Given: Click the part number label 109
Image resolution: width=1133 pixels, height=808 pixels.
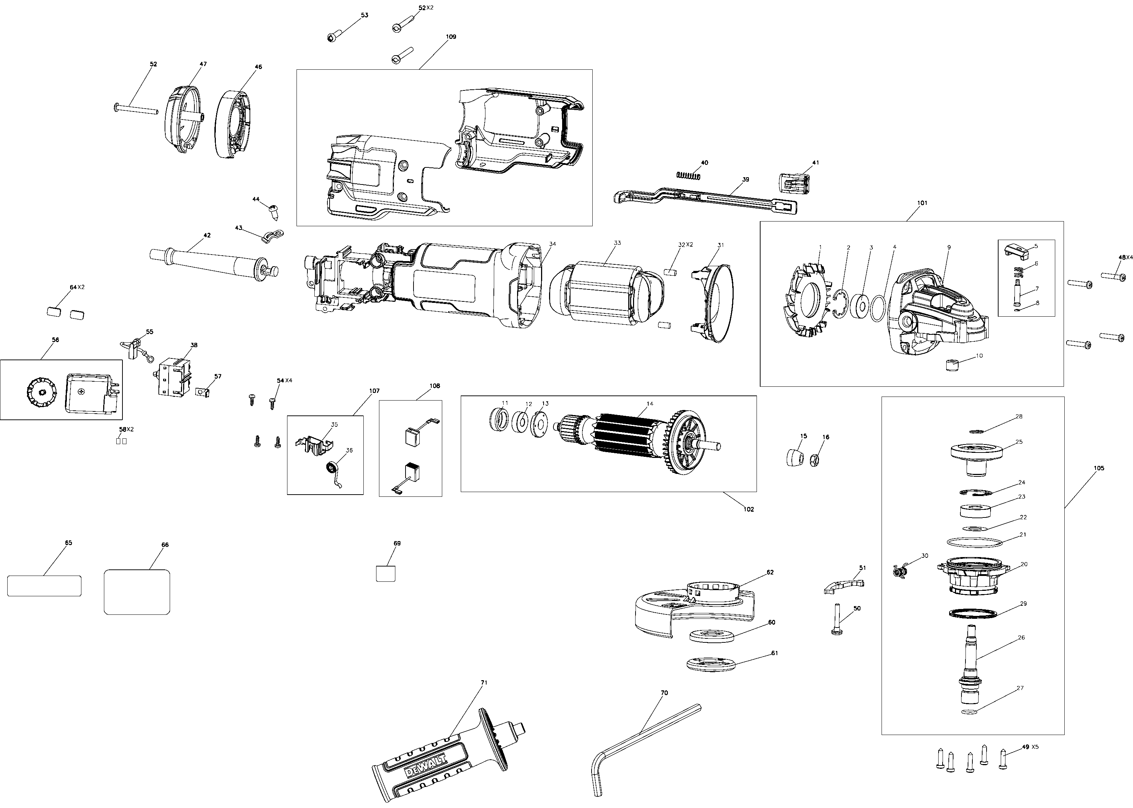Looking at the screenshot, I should [x=451, y=37].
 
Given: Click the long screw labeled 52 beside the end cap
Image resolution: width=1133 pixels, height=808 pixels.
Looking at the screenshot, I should [x=136, y=109].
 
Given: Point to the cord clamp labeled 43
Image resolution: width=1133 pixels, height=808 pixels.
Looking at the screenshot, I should [x=271, y=234].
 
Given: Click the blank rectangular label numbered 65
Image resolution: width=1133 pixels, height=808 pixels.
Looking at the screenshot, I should [x=44, y=586].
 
